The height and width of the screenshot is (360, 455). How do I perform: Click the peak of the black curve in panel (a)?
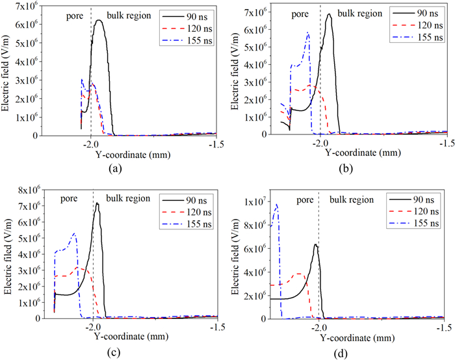click(x=99, y=20)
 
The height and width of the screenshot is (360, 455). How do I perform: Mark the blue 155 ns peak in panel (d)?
click(x=277, y=205)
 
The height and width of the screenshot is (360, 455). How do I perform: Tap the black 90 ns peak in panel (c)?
click(x=97, y=203)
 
